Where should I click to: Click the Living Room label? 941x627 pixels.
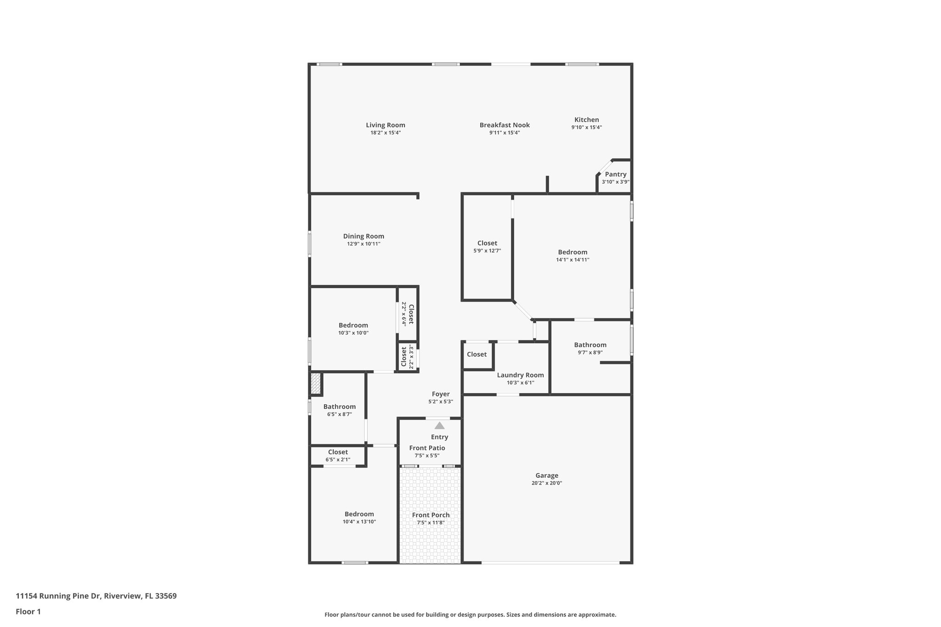point(385,125)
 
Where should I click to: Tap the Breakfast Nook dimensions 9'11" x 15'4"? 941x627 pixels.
point(505,133)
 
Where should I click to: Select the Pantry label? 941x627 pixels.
point(615,174)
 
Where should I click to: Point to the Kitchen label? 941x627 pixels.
point(586,120)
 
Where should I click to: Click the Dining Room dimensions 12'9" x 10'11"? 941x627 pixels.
point(363,244)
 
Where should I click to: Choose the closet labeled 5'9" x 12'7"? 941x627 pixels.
point(487,243)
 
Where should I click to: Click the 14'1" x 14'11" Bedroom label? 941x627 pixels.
point(573,252)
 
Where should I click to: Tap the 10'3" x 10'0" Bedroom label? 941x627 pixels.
point(353,326)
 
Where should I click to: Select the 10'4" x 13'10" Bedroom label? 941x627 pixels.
point(359,514)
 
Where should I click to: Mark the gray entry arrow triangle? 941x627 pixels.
point(440,425)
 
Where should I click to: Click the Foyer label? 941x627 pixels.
point(441,394)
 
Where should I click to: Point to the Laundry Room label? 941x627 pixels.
point(520,375)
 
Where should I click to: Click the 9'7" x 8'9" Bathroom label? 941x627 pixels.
point(590,345)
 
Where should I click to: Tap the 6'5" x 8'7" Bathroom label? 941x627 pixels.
point(340,407)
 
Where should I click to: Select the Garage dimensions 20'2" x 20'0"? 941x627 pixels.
point(547,483)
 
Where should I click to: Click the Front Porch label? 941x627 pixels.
point(431,515)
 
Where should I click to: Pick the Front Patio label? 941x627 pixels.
point(427,448)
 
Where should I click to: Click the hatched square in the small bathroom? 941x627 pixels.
point(315,384)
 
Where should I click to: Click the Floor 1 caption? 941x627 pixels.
point(28,612)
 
